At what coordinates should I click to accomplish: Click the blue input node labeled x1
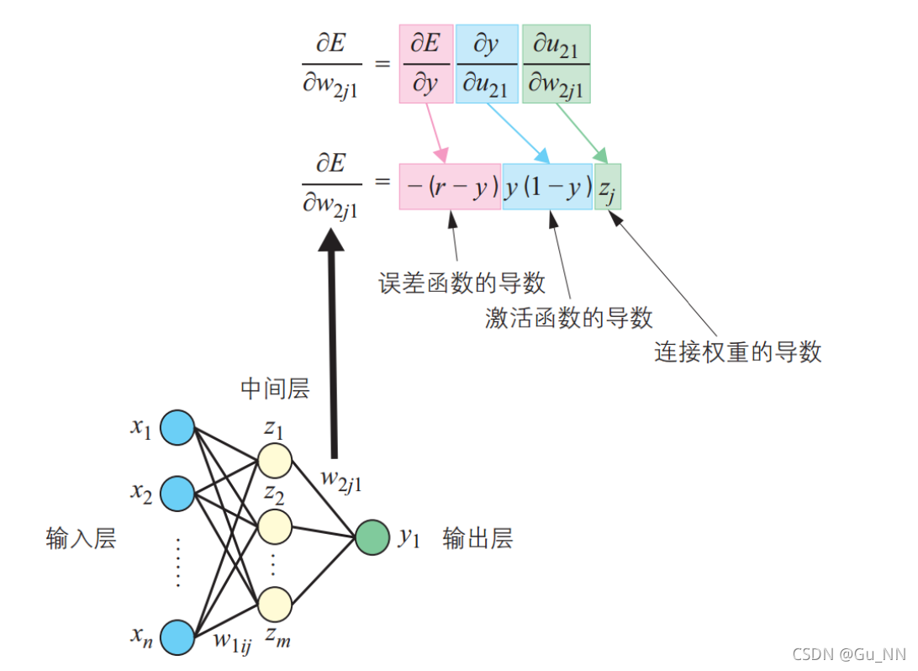coord(177,427)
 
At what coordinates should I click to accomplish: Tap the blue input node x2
coord(177,493)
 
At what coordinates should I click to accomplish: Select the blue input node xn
coord(177,637)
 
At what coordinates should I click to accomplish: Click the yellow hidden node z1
coord(274,462)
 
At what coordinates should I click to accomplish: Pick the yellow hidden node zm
coord(274,604)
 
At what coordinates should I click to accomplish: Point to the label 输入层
coord(81,538)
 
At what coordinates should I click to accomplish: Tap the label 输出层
coord(477,538)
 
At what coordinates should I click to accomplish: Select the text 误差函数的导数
coord(462,283)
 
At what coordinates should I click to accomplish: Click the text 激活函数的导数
coord(569,317)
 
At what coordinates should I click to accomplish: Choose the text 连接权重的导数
coord(737,351)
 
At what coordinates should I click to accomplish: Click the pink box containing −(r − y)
coord(450,187)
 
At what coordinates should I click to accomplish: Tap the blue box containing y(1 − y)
coord(547,187)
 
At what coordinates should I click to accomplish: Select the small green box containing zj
coord(608,187)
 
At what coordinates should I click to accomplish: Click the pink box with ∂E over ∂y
coord(426,64)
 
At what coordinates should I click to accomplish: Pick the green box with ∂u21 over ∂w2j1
coord(556,64)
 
